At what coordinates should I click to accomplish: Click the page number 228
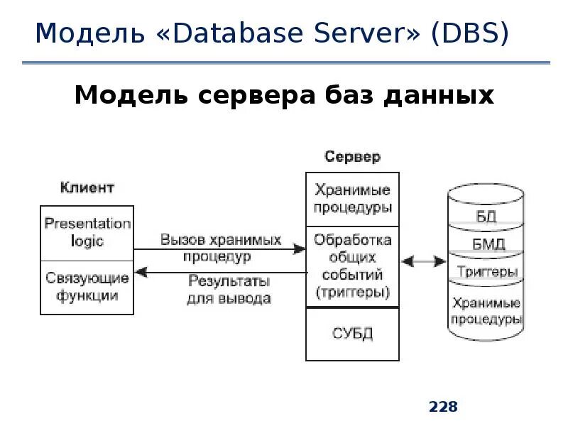[x=443, y=407]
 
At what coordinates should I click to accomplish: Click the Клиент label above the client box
[x=87, y=187]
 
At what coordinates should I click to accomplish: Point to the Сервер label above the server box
[x=352, y=156]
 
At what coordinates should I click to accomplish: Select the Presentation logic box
[x=87, y=232]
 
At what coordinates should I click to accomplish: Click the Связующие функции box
[x=87, y=287]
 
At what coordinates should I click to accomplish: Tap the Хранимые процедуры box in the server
[x=352, y=200]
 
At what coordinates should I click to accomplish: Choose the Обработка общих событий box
[x=352, y=266]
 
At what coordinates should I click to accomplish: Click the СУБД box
[x=352, y=334]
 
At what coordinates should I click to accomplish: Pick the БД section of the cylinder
[x=486, y=217]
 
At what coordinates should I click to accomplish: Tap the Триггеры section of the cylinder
[x=487, y=272]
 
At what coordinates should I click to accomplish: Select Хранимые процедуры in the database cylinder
[x=486, y=310]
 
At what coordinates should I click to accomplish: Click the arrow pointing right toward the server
[x=220, y=249]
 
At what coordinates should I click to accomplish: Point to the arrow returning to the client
[x=220, y=272]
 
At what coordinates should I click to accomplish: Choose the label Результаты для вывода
[x=229, y=289]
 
